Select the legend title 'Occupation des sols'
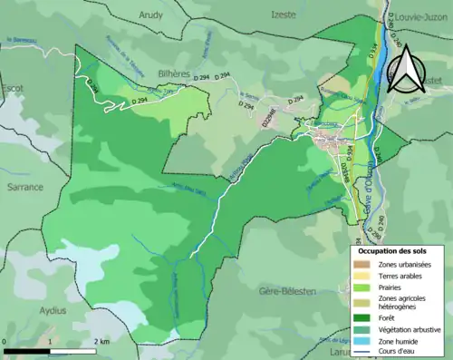click(x=399, y=248)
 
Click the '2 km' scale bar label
click(x=101, y=341)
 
